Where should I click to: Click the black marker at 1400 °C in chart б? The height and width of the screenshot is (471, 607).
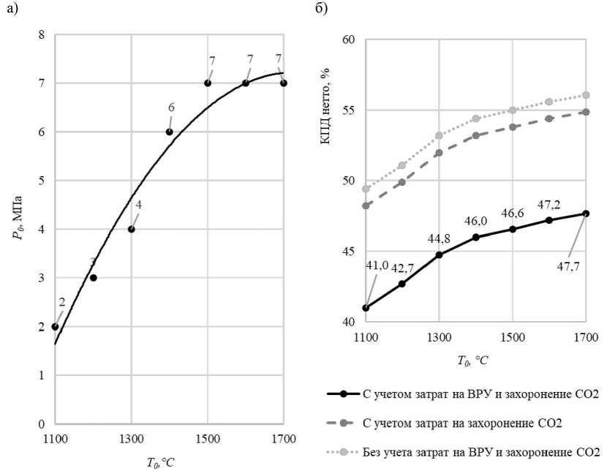[476, 237]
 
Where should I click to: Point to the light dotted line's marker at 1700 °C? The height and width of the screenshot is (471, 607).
[587, 95]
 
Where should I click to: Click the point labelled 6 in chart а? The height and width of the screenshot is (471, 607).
[169, 132]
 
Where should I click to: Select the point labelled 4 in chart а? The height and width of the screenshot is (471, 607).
[132, 229]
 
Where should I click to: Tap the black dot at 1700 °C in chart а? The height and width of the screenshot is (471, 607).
[283, 83]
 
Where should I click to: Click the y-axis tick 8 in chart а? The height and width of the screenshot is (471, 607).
[42, 35]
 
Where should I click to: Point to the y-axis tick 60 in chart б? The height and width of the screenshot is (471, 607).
[349, 39]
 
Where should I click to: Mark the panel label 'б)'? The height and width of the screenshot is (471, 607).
[321, 8]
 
